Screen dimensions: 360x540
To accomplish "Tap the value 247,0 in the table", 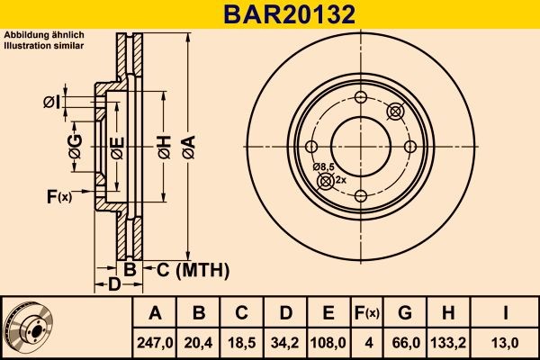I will pos(155,342).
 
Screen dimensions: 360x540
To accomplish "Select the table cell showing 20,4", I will pos(200,342).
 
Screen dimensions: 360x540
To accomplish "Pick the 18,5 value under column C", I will pos(242,342).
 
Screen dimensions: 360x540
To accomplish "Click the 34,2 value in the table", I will pos(285,342).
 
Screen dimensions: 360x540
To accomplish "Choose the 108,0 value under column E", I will pos(328,342).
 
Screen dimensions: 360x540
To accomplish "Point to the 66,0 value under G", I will pos(405,342).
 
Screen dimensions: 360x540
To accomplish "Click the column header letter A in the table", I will pos(155,313).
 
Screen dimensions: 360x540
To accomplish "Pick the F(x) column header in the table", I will pos(367,313).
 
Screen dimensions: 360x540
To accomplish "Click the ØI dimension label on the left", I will pos(51,103).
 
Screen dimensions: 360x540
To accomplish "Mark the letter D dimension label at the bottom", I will pos(114,285).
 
